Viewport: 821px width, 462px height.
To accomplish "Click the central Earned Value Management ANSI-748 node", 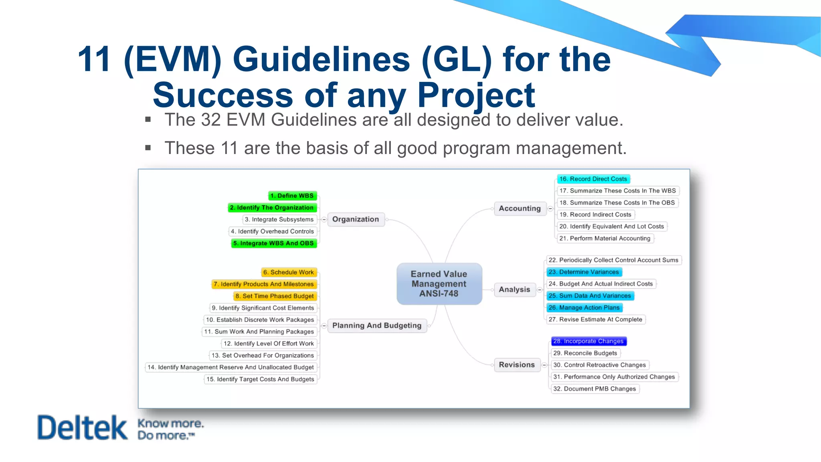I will (439, 284).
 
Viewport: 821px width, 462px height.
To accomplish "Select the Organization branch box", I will (356, 219).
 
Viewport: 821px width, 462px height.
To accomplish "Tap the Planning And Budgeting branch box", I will (377, 325).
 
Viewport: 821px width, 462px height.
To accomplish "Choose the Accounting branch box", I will (520, 209).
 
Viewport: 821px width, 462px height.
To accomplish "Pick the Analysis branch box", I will (514, 290).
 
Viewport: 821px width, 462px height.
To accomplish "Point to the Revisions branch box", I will (517, 365).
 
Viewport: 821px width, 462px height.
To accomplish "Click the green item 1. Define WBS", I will (292, 196).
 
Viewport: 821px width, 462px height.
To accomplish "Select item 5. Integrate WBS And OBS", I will (274, 243).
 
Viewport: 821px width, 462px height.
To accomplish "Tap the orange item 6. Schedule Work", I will (289, 272).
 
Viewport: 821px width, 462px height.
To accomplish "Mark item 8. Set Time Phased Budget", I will (275, 296).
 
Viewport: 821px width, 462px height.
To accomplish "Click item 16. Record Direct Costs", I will (593, 179).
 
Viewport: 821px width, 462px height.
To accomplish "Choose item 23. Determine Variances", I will (584, 272).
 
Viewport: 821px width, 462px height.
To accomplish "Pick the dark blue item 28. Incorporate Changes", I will (588, 341).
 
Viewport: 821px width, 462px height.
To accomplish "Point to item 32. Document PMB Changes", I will (595, 389).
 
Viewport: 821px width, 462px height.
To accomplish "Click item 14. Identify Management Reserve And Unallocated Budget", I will (231, 367).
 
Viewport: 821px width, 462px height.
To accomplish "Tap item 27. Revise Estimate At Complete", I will (595, 319).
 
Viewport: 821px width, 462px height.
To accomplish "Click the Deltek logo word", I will (82, 428).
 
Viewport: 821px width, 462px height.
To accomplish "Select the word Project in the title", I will (476, 95).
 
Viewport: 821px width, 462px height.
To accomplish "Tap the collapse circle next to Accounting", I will (550, 209).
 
